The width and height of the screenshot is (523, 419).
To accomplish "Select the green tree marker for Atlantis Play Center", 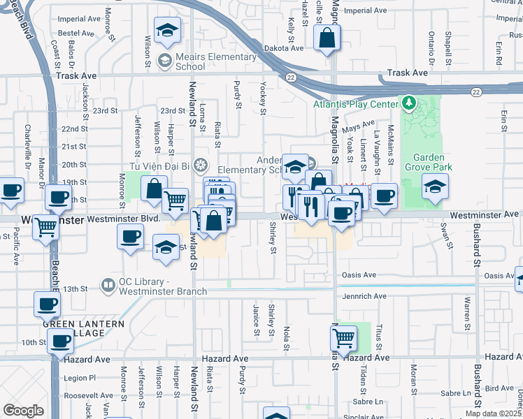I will point(410,105).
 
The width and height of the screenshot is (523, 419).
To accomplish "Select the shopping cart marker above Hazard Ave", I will point(343,339).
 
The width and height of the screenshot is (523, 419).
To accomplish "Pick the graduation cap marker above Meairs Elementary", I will point(167,31).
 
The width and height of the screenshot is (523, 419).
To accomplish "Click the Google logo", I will point(23,410).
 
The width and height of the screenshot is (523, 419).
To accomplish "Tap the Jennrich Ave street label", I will point(364,296).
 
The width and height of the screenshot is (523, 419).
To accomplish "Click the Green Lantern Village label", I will point(83,328).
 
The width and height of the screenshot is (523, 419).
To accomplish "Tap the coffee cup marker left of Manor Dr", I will point(10,191).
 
